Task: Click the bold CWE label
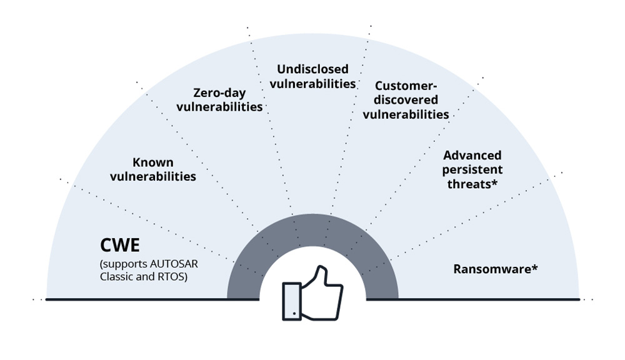(x=119, y=244)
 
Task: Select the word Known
(x=153, y=163)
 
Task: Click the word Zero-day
(x=219, y=93)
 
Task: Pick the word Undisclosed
(x=312, y=69)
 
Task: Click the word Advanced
(x=472, y=155)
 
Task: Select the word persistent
(x=472, y=169)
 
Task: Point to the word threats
(x=469, y=183)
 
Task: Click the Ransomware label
(x=496, y=269)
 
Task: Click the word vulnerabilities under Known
(x=153, y=177)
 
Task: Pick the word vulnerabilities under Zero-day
(x=219, y=107)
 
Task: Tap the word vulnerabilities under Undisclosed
(x=316, y=83)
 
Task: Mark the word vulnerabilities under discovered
(x=406, y=114)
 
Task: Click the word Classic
(x=116, y=276)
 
